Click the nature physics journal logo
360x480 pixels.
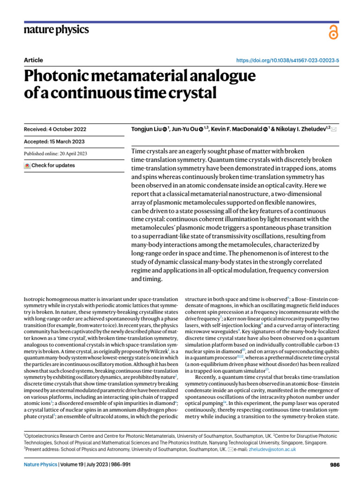(56, 30)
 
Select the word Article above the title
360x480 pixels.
(33, 60)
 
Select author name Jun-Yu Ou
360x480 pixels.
(184, 129)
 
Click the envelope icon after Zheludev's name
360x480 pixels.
(334, 129)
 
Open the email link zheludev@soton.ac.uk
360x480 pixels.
(274, 449)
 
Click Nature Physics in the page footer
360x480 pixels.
(40, 465)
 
